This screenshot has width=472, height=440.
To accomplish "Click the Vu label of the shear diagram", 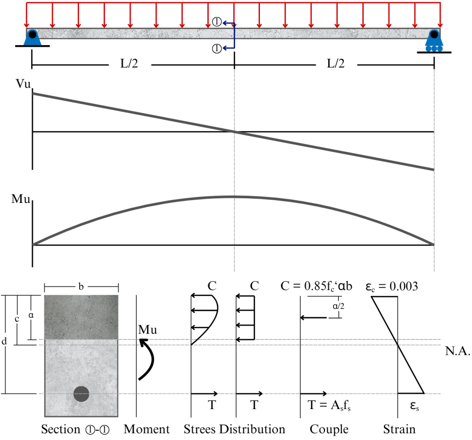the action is click(x=23, y=84).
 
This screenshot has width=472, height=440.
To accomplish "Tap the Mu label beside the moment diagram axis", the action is click(x=21, y=199).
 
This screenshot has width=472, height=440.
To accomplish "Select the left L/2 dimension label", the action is click(x=129, y=64).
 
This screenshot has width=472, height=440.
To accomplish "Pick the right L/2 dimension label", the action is click(x=336, y=64).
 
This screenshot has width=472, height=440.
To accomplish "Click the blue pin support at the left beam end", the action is click(x=32, y=38).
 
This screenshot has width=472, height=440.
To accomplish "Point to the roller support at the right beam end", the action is click(x=434, y=41).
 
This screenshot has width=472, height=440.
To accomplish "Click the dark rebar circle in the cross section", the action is click(x=81, y=394).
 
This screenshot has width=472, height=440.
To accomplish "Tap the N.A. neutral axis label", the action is click(x=458, y=351).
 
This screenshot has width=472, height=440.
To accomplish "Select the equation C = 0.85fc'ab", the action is click(x=316, y=286).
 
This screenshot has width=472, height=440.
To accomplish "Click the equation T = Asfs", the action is click(x=329, y=405).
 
